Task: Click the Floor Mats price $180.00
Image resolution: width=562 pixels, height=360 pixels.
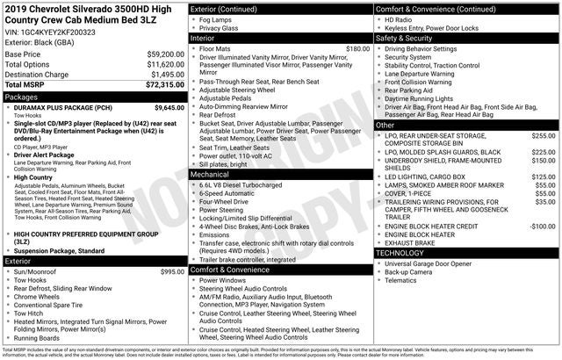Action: pos(357,49)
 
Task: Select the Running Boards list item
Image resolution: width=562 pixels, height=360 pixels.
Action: pos(43,337)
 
